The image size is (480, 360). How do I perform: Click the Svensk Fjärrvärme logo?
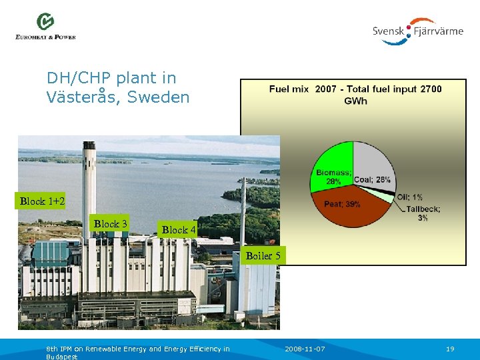coord(417,31)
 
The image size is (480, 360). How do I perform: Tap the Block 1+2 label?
coord(42,201)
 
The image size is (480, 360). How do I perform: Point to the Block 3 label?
coord(111,224)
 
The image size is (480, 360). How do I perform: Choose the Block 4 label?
coord(179,229)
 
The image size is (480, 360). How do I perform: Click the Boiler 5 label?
coord(263,255)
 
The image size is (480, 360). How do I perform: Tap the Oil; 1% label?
coord(409,197)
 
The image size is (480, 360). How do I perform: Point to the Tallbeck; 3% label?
coord(423,213)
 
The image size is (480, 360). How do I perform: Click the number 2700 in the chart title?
coord(431,89)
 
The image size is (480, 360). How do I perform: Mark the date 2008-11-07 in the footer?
coord(305,349)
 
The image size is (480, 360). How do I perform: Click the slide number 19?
coord(449,349)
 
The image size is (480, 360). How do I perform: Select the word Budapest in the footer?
coord(62,357)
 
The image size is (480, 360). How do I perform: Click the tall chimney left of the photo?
coord(87,187)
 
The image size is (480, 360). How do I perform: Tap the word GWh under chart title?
coord(355,101)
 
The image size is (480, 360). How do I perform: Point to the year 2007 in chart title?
coord(325,89)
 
